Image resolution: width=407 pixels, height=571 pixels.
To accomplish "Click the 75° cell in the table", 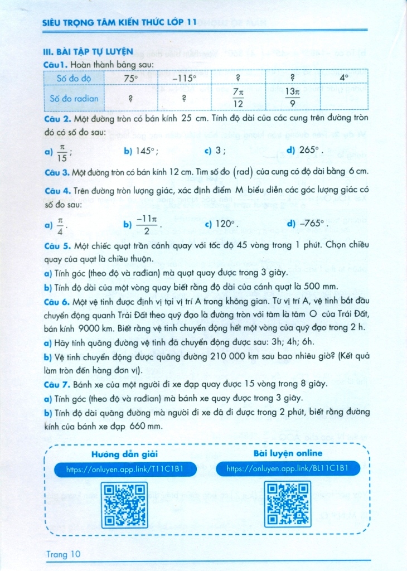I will pyautogui.click(x=130, y=79).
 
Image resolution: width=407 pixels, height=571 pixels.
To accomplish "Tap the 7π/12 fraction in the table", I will pyautogui.click(x=238, y=98).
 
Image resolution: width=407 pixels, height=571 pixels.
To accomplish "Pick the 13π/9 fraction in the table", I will pyautogui.click(x=293, y=98).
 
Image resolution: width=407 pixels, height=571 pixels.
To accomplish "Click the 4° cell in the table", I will pyautogui.click(x=344, y=79).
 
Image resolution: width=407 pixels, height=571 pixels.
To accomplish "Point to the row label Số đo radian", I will pyautogui.click(x=74, y=98).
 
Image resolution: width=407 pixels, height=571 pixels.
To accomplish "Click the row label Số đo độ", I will pyautogui.click(x=74, y=79).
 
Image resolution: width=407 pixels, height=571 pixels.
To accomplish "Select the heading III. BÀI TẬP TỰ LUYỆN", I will pyautogui.click(x=88, y=52).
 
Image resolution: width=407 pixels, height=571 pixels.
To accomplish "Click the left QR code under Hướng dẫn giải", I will pyautogui.click(x=125, y=504).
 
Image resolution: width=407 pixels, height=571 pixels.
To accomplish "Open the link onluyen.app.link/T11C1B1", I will pyautogui.click(x=124, y=470).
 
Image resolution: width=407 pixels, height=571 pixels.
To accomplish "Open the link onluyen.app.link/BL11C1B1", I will pyautogui.click(x=288, y=470).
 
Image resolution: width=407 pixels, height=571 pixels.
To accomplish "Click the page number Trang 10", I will pyautogui.click(x=64, y=554).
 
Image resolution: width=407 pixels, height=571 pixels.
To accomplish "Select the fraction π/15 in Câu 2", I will pyautogui.click(x=61, y=151).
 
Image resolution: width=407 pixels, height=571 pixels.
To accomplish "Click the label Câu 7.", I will pyautogui.click(x=56, y=384).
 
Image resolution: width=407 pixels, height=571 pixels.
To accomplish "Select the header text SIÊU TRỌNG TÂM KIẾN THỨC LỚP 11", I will pyautogui.click(x=120, y=22).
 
